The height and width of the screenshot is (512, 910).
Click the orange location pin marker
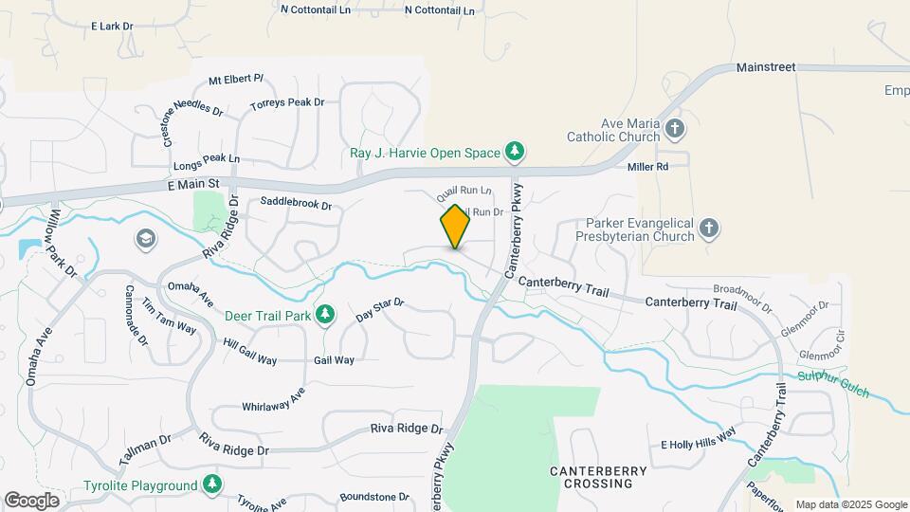[455, 227]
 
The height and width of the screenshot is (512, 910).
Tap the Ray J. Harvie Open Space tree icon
[515, 151]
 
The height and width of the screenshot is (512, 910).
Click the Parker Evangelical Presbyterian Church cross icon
[711, 228]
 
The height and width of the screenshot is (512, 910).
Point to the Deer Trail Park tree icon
[325, 313]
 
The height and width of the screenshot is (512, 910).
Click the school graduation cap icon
[145, 237]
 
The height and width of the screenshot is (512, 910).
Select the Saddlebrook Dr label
[296, 204]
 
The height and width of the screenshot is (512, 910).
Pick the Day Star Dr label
[380, 309]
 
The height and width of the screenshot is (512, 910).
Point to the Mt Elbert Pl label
[235, 79]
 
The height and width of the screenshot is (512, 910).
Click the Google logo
[31, 500]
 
